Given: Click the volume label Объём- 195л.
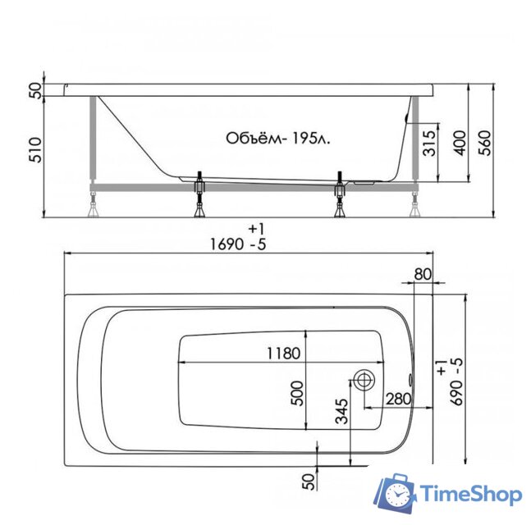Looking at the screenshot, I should pyautogui.click(x=279, y=139).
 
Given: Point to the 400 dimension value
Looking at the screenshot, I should pyautogui.click(x=459, y=144).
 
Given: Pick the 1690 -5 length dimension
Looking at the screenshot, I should pyautogui.click(x=239, y=244).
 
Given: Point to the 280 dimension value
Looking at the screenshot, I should pyautogui.click(x=397, y=399).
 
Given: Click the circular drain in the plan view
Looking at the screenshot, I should pyautogui.click(x=364, y=380).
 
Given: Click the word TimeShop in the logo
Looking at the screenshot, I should pyautogui.click(x=470, y=494).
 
